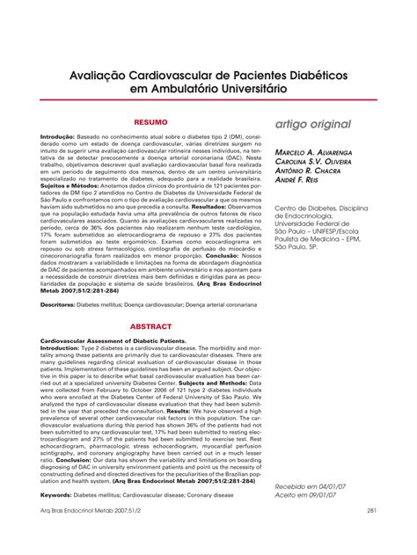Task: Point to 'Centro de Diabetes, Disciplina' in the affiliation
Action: tap(325, 208)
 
